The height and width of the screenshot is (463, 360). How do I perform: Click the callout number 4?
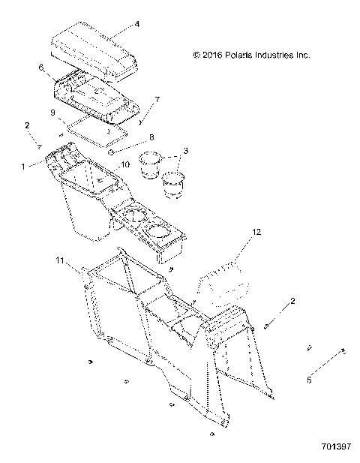point(137,23)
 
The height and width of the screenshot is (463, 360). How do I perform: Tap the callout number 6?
point(41,67)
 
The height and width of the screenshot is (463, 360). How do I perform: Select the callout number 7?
point(156,99)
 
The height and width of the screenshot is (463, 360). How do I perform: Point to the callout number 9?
point(52,113)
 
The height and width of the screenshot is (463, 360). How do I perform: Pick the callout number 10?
point(125,164)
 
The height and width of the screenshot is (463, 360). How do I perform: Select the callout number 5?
point(309,380)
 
